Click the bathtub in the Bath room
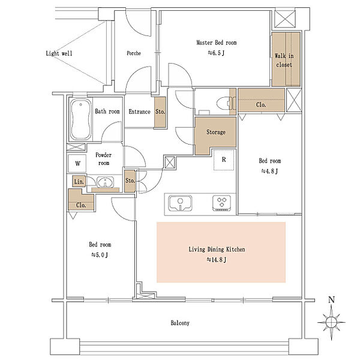coord(80,119)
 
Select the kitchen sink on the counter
coord(180,203)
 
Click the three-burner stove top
coord(221,203)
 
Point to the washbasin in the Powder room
coord(105,182)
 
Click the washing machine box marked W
coord(77,163)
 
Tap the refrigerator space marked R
coord(224,160)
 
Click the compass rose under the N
coord(331,322)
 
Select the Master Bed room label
coord(216,43)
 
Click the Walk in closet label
coord(284,61)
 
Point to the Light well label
coord(59,53)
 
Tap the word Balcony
coord(180,323)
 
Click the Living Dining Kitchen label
coord(217,250)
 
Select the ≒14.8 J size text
coord(217,260)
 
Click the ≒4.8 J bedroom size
coord(270,171)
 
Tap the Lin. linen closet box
coord(79,181)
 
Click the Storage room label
coord(216,132)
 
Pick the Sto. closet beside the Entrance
coord(160,112)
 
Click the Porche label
coord(134,53)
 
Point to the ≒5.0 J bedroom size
coord(100,255)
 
